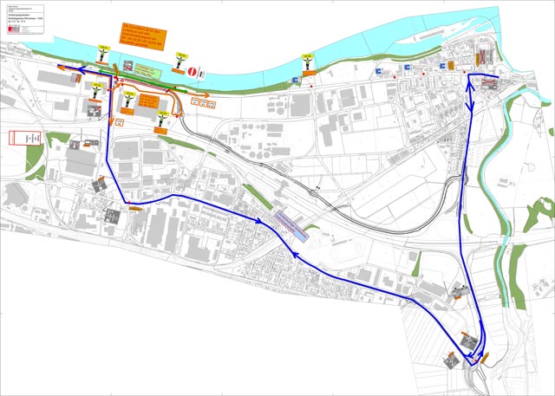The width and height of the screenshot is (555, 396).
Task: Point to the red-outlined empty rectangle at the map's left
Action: point(26,137)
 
